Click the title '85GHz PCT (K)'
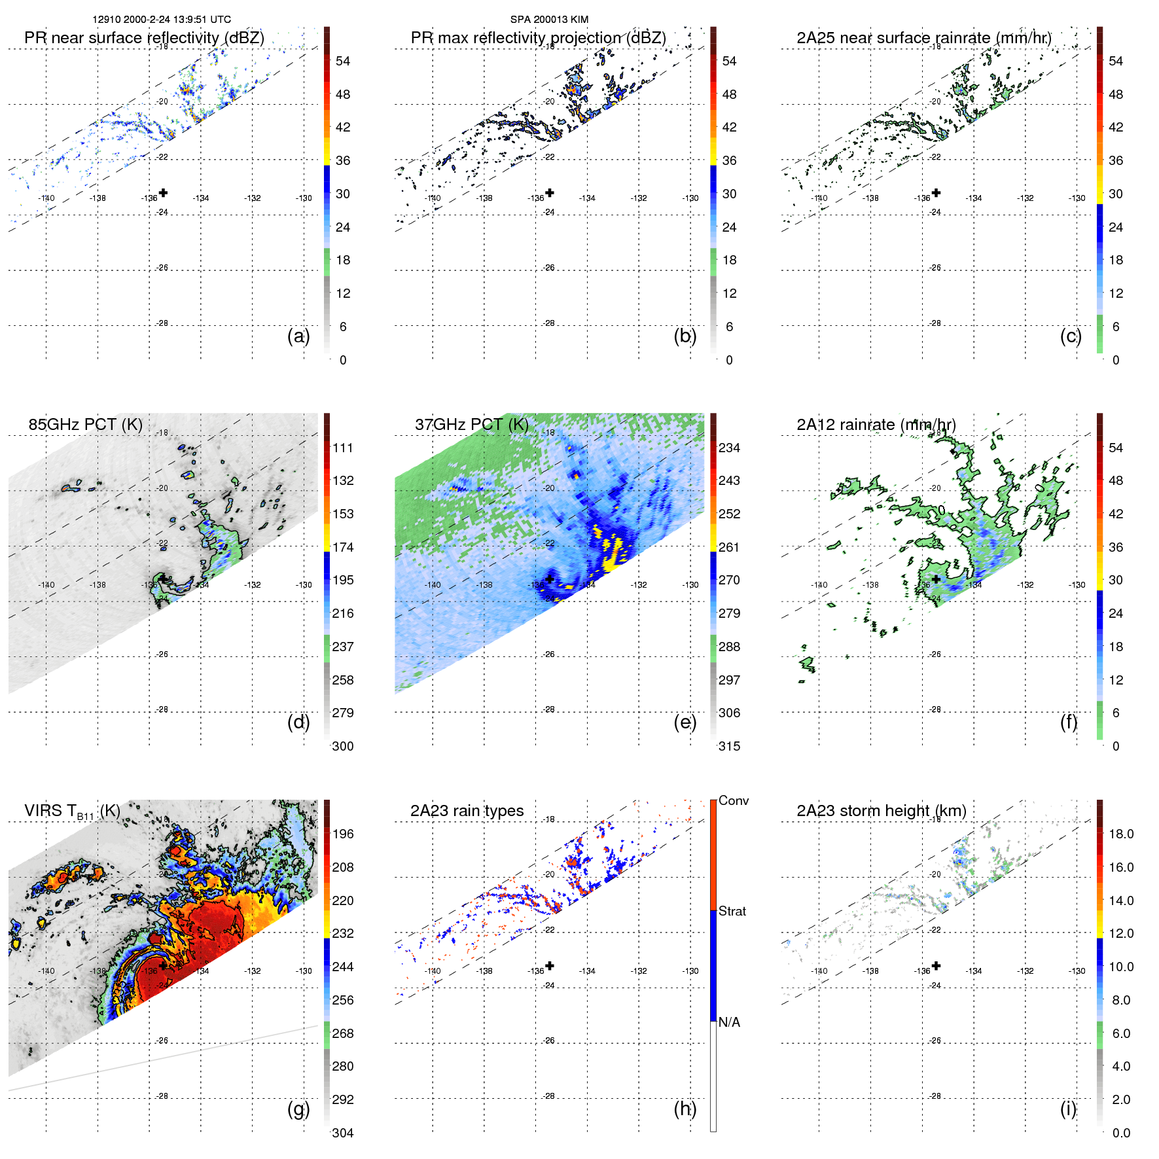click(85, 425)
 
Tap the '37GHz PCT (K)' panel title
click(471, 425)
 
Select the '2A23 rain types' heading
click(467, 811)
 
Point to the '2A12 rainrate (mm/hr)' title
click(876, 425)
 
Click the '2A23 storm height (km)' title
click(881, 811)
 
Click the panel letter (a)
click(298, 336)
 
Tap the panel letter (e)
click(685, 722)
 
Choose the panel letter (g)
click(298, 1109)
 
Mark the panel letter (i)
click(1068, 1109)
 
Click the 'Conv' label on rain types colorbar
click(733, 800)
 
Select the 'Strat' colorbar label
click(732, 911)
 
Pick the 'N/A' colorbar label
click(729, 1022)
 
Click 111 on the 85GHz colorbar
click(343, 448)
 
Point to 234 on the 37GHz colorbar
click(729, 448)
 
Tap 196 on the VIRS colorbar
click(343, 834)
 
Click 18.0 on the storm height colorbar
click(1120, 834)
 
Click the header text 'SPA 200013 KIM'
click(549, 20)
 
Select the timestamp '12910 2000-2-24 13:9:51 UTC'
click(162, 20)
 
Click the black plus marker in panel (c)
click(936, 193)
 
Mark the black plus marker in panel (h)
click(550, 965)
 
